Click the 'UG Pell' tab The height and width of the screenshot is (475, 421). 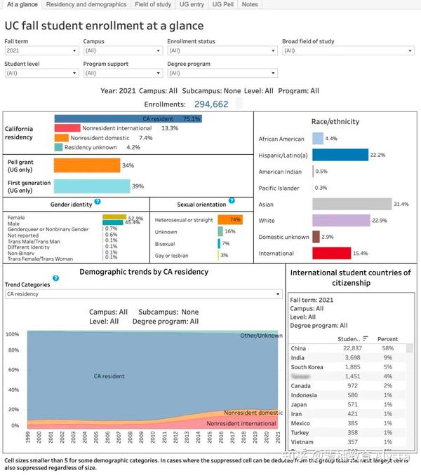point(223,4)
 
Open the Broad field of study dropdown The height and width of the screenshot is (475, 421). point(348,51)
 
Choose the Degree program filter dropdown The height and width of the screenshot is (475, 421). point(222,73)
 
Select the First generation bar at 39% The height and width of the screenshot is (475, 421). point(92,186)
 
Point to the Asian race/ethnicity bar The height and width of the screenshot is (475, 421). point(351,204)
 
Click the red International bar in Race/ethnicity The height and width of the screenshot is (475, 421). point(331,253)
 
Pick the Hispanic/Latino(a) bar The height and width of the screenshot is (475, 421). point(340,155)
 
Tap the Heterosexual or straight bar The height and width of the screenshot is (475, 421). point(230,219)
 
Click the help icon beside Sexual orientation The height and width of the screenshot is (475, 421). point(232,201)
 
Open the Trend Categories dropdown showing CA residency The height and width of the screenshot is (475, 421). point(143,294)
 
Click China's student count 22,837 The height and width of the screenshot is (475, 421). point(350,348)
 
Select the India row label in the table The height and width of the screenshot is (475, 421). point(298,357)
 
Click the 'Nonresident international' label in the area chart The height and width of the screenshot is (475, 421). point(241,423)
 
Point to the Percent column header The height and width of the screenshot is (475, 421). point(387,339)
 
